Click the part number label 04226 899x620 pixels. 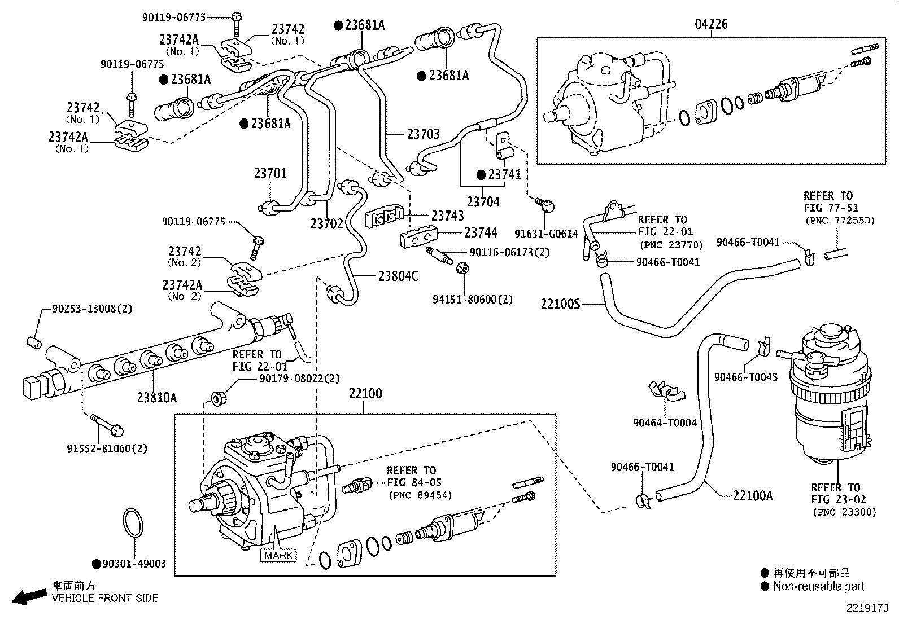[x=711, y=24]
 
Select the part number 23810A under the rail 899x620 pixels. [x=156, y=397]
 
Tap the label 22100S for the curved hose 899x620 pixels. [x=560, y=304]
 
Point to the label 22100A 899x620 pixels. [x=753, y=496]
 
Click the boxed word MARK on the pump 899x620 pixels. [x=278, y=555]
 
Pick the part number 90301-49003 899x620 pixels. [x=134, y=564]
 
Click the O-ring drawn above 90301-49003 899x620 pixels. [x=134, y=524]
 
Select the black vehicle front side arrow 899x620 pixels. [x=29, y=596]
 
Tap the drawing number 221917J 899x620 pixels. [x=867, y=609]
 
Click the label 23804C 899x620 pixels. [x=398, y=276]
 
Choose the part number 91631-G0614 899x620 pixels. [x=547, y=233]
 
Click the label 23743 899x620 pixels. [x=447, y=216]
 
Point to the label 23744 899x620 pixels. [x=481, y=232]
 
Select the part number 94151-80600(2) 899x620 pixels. [x=473, y=300]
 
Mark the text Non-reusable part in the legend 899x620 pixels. [x=818, y=587]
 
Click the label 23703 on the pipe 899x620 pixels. [x=423, y=134]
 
